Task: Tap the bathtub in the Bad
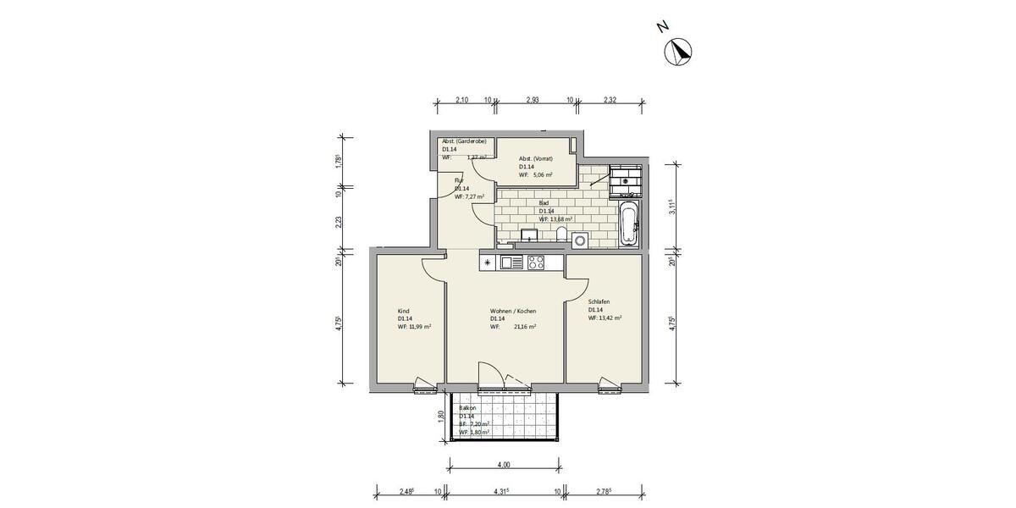click(x=627, y=224)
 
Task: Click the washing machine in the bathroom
click(x=580, y=240)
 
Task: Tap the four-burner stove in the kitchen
click(x=536, y=262)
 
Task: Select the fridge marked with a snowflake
click(x=489, y=262)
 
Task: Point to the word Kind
click(x=403, y=311)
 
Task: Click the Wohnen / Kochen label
click(x=512, y=311)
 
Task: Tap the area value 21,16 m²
click(x=524, y=326)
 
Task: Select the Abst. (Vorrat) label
click(x=536, y=158)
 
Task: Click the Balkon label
click(x=467, y=407)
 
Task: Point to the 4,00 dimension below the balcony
click(x=503, y=465)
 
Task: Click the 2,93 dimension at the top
click(x=533, y=100)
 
